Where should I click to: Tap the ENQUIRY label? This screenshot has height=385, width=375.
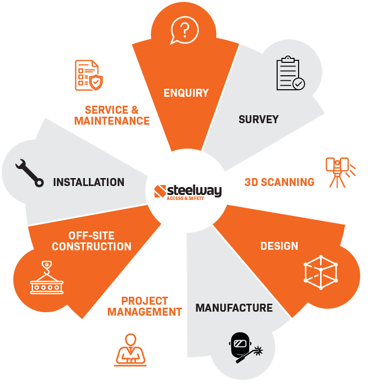click(186, 93)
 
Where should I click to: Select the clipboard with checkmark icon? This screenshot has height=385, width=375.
click(290, 75)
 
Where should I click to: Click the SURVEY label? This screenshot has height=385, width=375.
click(258, 119)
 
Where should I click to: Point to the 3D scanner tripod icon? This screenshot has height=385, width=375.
click(339, 172)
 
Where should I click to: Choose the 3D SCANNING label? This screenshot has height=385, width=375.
click(280, 182)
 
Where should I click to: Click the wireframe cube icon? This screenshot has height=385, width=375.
click(321, 273)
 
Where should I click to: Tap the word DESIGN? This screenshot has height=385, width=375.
click(279, 246)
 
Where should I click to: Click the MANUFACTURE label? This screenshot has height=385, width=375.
click(234, 308)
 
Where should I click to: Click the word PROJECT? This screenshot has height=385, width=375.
click(144, 301)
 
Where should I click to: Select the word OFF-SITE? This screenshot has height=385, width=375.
click(92, 235)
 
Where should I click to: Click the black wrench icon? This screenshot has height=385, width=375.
click(29, 173)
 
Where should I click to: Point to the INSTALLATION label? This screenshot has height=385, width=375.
click(88, 182)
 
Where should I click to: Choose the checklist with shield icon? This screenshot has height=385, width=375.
click(88, 74)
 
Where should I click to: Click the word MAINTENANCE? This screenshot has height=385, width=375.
click(112, 121)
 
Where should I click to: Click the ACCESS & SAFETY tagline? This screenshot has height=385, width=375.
click(185, 198)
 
